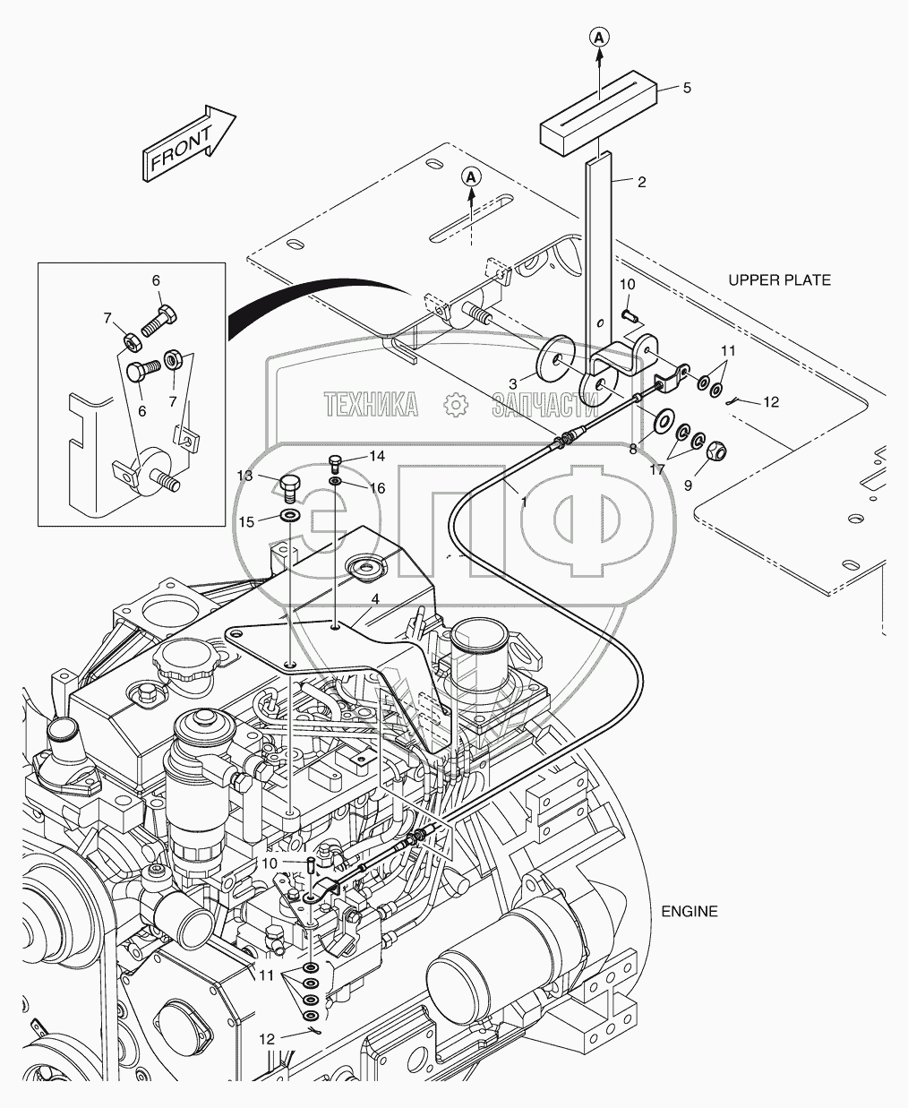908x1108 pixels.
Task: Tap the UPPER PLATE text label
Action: pos(778,280)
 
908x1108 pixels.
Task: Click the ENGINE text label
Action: pos(689,911)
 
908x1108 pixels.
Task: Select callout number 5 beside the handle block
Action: pos(687,88)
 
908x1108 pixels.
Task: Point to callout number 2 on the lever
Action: pos(641,181)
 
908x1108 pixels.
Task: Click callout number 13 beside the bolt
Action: pos(244,474)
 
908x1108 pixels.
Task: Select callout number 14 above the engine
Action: pos(377,456)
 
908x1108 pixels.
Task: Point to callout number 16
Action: pos(377,488)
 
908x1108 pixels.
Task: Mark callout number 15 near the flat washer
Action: pos(244,520)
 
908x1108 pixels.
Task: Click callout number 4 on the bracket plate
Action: pos(375,598)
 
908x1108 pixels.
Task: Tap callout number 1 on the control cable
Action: pos(523,502)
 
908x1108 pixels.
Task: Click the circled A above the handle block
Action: pos(600,37)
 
